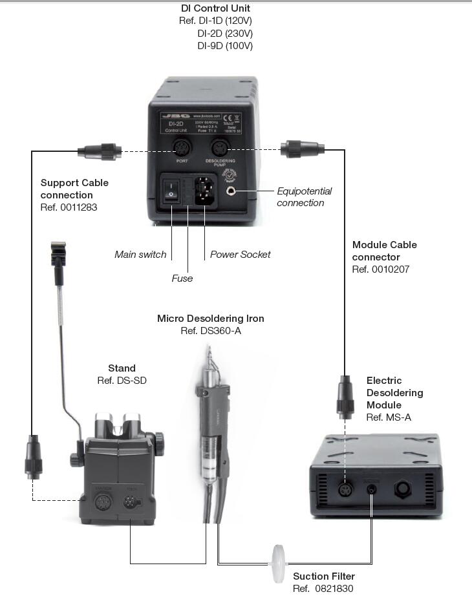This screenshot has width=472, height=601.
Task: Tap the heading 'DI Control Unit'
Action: [215, 8]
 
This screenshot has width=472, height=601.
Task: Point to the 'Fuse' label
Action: [182, 278]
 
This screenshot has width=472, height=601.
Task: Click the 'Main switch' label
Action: [140, 255]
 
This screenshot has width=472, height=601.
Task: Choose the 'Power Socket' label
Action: [240, 255]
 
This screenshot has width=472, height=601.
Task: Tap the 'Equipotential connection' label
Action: [304, 197]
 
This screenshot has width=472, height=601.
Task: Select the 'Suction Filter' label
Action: [324, 576]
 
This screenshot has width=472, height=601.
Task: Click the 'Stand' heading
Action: [122, 368]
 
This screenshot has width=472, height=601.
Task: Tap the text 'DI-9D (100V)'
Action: [225, 46]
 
